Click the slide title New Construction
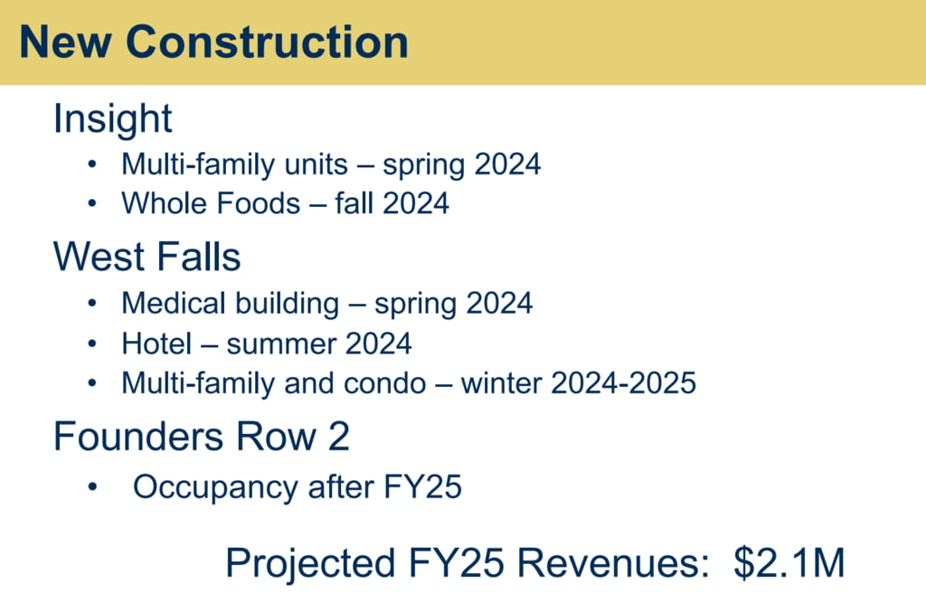[x=213, y=42]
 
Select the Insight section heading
[x=113, y=118]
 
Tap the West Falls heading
[x=147, y=257]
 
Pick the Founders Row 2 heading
[x=202, y=437]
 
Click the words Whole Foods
[x=211, y=203]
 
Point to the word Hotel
[x=156, y=344]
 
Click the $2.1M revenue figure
[x=789, y=563]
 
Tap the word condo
[x=384, y=383]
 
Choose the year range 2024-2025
[x=623, y=383]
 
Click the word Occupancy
[x=215, y=488]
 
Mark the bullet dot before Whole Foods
[x=92, y=203]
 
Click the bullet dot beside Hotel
[x=92, y=344]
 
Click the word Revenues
[x=613, y=563]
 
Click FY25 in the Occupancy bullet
[x=423, y=487]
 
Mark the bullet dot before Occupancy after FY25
[x=92, y=487]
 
